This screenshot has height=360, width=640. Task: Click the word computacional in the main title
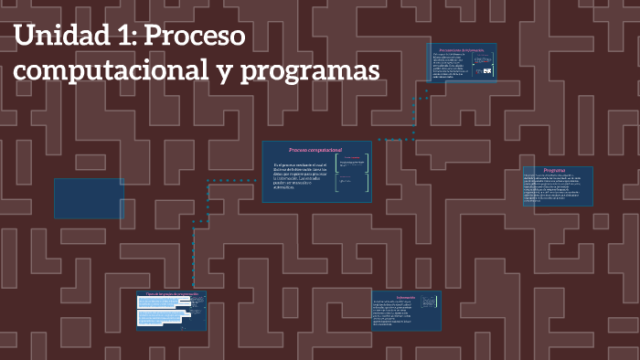(x=110, y=71)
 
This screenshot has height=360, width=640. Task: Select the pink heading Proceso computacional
(x=315, y=150)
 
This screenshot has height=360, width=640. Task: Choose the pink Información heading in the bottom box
(x=406, y=297)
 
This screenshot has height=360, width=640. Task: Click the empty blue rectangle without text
(x=89, y=198)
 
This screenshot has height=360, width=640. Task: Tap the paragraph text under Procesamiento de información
(x=448, y=66)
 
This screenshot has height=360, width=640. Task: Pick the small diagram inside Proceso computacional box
(x=353, y=173)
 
